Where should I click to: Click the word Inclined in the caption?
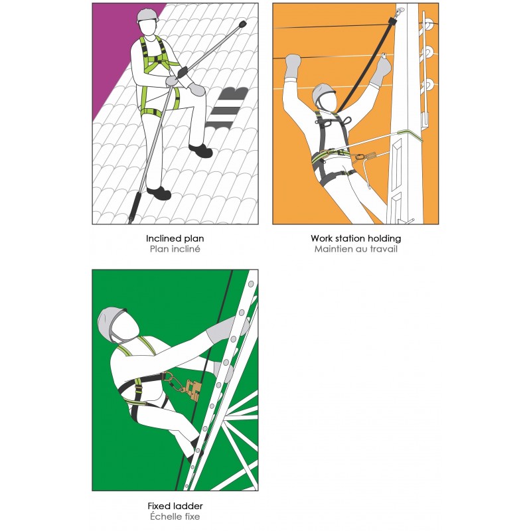[161, 238]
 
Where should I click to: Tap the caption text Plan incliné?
[175, 250]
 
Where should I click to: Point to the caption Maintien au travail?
[356, 250]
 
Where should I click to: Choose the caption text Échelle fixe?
[175, 516]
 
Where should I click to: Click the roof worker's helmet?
[147, 15]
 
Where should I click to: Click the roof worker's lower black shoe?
[159, 192]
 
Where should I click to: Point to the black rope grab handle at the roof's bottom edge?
[135, 207]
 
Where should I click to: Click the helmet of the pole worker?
[323, 94]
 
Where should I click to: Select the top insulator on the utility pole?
[428, 25]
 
